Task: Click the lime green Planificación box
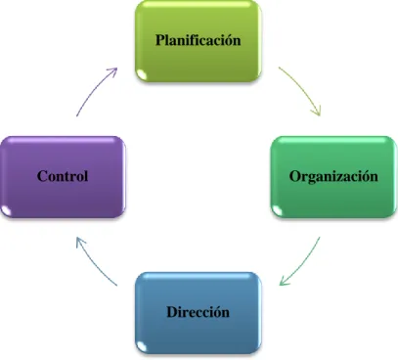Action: pos(199,41)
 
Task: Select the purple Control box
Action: pos(63,177)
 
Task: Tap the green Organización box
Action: pos(333,177)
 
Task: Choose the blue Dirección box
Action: pos(199,313)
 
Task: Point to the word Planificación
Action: pos(199,40)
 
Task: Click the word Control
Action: pos(63,176)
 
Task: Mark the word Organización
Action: pos(333,177)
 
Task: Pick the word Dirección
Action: pos(199,312)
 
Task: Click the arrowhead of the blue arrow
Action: pos(80,242)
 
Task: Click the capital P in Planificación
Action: pos(160,40)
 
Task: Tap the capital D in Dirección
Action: pos(172,312)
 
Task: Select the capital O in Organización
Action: pos(294,176)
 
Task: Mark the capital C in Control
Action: pos(42,176)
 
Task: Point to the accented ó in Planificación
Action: pos(229,40)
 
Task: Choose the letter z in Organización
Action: pos(347,178)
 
